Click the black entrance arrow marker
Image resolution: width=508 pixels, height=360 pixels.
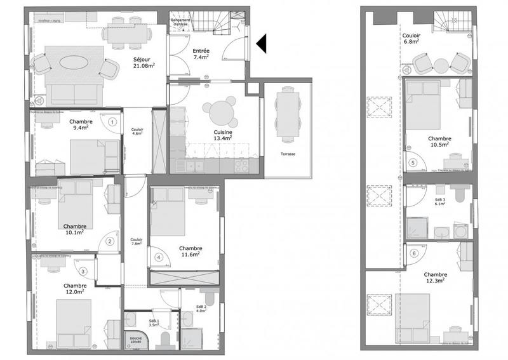261,43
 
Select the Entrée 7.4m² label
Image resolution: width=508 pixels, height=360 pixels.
201,53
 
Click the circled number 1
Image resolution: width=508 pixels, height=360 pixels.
112,121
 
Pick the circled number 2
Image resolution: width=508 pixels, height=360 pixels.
110,241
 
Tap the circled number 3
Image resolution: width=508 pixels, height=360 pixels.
83,270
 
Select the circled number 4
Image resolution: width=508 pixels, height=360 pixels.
158,258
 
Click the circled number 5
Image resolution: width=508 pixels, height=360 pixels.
413,163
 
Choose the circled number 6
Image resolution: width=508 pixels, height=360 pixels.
413,253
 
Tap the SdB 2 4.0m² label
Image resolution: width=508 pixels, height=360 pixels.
201,309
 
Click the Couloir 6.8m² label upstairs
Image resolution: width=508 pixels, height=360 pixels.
413,39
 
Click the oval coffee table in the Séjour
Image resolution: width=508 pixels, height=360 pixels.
74,63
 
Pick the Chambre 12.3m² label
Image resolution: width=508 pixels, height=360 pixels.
434,277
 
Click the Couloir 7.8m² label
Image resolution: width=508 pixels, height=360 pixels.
135,241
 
